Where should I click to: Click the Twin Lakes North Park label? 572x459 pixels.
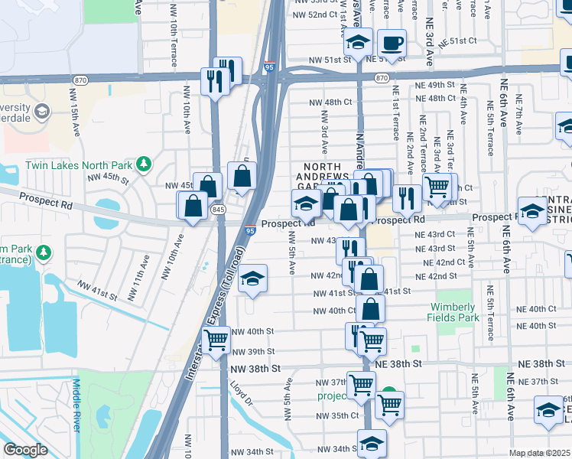(x=79, y=164)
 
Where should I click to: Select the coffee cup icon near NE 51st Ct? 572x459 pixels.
(x=392, y=44)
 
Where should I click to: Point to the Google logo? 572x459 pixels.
(x=25, y=450)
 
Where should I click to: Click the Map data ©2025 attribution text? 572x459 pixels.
(x=540, y=453)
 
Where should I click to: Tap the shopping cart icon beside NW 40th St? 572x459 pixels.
(x=216, y=338)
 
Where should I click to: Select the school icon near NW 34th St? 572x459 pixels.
(x=372, y=442)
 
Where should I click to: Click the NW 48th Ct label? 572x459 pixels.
(x=330, y=102)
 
